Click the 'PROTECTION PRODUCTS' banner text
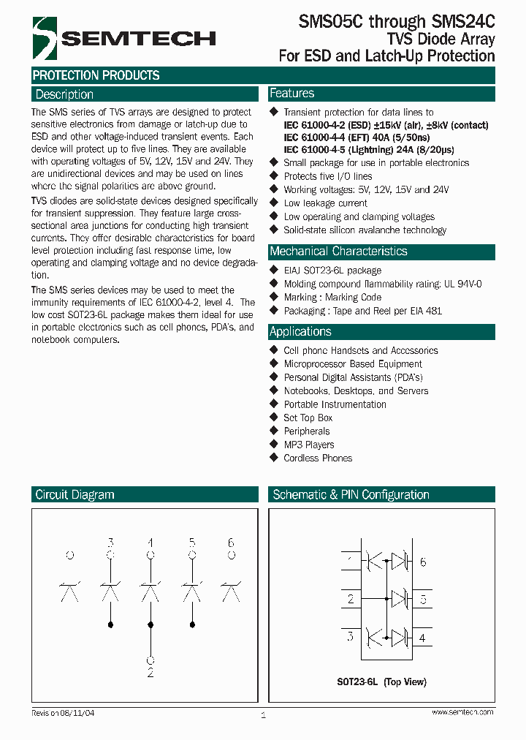[96, 75]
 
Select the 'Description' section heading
[64, 94]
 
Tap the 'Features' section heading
[291, 94]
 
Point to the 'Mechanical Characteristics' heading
[338, 252]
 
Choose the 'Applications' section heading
[300, 331]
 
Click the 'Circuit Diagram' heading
[75, 495]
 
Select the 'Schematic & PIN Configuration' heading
[351, 495]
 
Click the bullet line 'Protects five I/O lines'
[327, 176]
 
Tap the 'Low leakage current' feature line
[325, 203]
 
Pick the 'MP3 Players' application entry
[309, 445]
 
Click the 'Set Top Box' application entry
[308, 418]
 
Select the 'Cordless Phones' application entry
[318, 458]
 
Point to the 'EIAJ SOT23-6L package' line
[332, 271]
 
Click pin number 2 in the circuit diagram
[150, 672]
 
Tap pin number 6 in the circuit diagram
[231, 543]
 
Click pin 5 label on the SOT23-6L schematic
[423, 599]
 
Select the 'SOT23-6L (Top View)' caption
[381, 682]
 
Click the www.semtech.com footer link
[462, 712]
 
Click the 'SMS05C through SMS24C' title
[397, 23]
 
